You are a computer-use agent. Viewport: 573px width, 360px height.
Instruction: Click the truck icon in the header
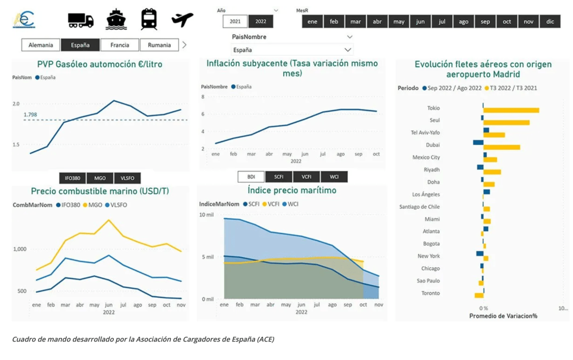coord(81,20)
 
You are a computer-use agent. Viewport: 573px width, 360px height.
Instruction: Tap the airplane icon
coord(182,20)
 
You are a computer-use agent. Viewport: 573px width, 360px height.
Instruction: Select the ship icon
coord(116,20)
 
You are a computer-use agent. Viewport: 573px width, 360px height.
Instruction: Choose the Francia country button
coord(120,45)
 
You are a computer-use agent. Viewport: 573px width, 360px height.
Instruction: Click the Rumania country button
coord(159,45)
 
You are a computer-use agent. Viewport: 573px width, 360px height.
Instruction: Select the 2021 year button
coord(235,22)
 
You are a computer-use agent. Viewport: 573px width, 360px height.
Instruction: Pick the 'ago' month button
coord(463,22)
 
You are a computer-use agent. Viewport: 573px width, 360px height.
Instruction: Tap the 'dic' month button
coord(550,22)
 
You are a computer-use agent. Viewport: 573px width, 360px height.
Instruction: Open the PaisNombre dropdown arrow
coord(349,37)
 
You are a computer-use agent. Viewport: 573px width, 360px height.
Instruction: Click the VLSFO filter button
coord(128,178)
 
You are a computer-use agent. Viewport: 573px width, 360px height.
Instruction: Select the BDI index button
coord(251,177)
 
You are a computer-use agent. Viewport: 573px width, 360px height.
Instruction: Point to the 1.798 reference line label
coord(30,114)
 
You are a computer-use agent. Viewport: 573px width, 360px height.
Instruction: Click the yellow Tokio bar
coord(511,110)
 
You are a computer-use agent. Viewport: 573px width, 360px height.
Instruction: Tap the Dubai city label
coord(433,145)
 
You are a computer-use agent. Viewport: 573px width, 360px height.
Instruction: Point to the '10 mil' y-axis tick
coord(206,215)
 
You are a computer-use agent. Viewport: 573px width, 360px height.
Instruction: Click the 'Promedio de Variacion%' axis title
coord(503,316)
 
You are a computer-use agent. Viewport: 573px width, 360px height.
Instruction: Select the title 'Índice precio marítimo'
coord(292,190)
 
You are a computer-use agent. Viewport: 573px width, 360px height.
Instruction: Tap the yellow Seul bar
coord(506,123)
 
